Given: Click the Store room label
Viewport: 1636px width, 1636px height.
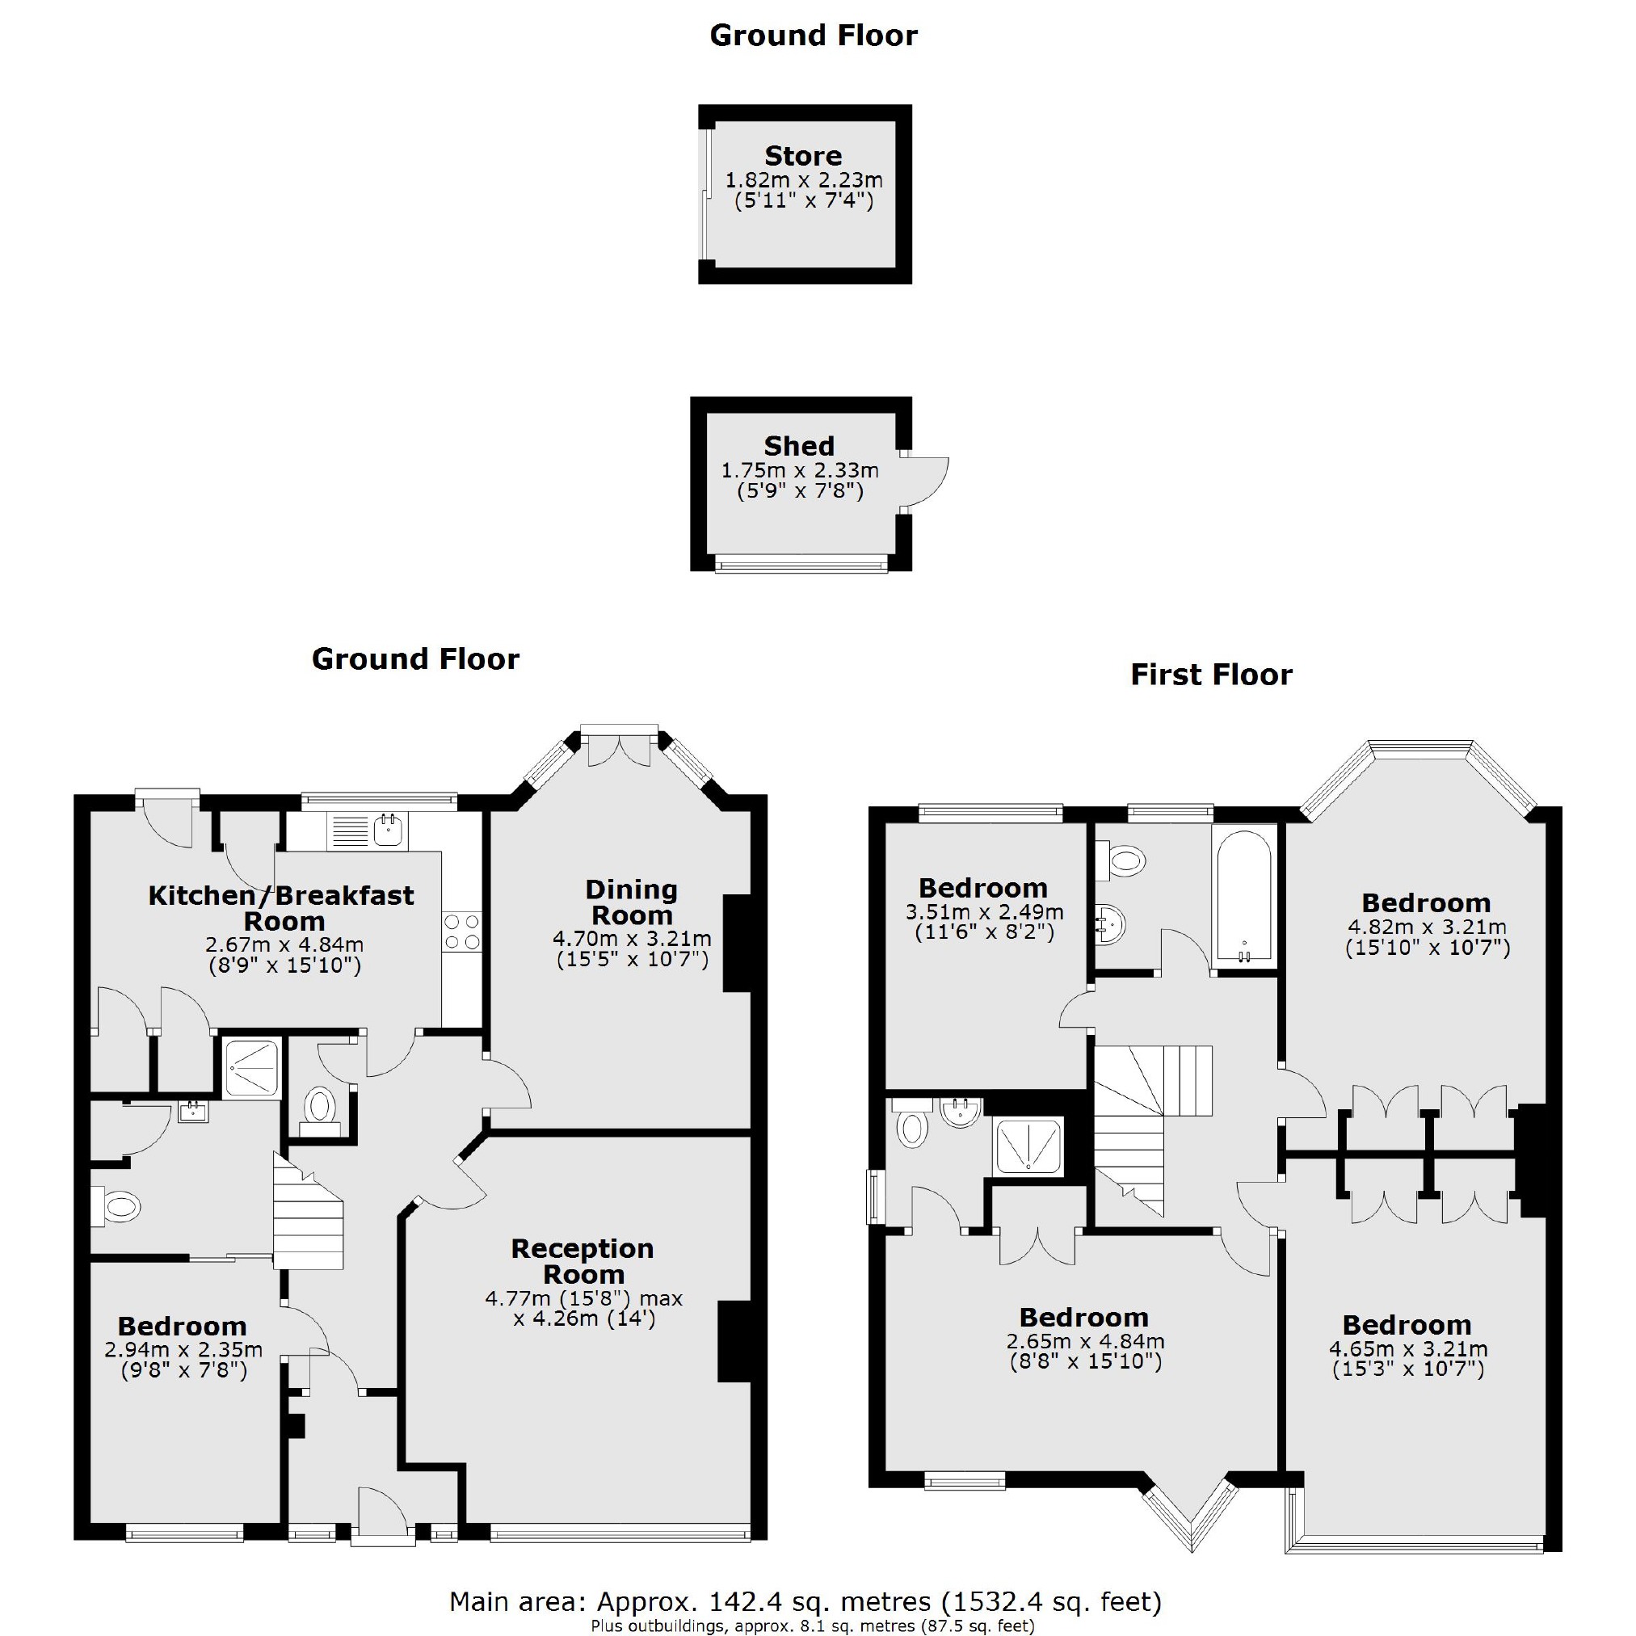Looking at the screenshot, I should pyautogui.click(x=803, y=156).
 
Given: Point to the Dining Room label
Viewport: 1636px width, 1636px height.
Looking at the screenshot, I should pyautogui.click(x=632, y=902).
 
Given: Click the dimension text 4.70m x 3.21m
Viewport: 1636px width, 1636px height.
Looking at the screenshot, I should pyautogui.click(x=632, y=938).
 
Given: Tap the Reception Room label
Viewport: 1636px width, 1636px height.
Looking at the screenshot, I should pyautogui.click(x=582, y=1261).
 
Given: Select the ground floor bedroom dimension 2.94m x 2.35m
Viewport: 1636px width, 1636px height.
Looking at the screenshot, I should pyautogui.click(x=183, y=1350).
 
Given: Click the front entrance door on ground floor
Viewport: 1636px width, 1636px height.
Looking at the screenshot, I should pyautogui.click(x=383, y=1520).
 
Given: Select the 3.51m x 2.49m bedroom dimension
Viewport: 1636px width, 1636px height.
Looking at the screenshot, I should pyautogui.click(x=984, y=913).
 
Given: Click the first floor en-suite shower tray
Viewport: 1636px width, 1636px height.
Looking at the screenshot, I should pyautogui.click(x=1028, y=1147).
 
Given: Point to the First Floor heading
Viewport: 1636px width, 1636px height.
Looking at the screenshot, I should pyautogui.click(x=1211, y=675).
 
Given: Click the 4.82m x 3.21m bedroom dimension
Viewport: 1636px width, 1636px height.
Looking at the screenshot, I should pyautogui.click(x=1427, y=927).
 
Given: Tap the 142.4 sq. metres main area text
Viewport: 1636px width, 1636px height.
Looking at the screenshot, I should pyautogui.click(x=805, y=1601).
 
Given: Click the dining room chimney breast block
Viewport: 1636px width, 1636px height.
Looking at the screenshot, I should pyautogui.click(x=737, y=943).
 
